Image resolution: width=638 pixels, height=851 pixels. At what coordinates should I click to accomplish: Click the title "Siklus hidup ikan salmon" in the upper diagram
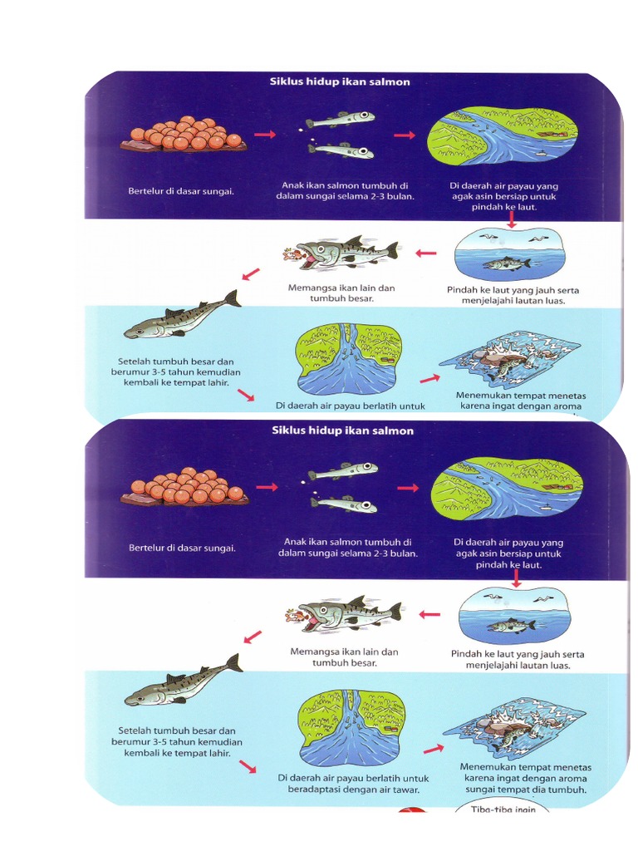tap(341, 82)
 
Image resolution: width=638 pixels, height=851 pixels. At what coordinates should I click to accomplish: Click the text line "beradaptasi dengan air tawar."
tap(347, 790)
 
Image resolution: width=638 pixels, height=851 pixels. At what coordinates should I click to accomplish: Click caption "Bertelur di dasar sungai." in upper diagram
tap(181, 191)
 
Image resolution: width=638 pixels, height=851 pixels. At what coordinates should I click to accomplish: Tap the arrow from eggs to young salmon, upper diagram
tap(265, 135)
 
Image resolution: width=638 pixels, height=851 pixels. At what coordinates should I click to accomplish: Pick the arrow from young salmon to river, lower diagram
tap(408, 488)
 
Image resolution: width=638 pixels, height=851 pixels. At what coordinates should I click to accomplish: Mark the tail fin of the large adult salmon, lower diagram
tap(233, 663)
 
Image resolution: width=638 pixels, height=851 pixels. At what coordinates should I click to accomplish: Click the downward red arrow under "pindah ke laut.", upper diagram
tap(512, 219)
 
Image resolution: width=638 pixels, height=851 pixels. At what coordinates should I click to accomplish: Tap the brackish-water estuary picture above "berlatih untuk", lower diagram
tap(352, 727)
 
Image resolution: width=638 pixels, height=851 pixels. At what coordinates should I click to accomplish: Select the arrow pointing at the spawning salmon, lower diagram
tap(433, 749)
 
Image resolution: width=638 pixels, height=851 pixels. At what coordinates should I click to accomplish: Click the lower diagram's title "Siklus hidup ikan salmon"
tap(342, 430)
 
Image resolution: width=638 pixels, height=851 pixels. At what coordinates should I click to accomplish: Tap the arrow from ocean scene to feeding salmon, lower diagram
tap(429, 615)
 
